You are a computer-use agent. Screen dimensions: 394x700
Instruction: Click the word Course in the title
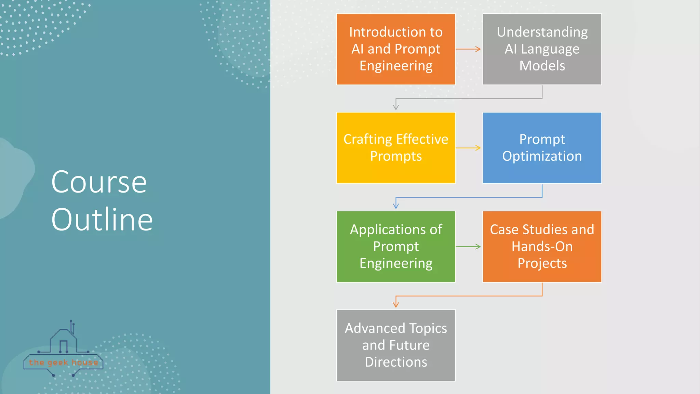coord(99,182)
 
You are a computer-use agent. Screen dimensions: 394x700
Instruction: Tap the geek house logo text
coord(64,363)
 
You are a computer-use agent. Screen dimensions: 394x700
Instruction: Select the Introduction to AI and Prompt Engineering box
coord(396,49)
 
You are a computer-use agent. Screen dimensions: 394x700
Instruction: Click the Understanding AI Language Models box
coord(542,49)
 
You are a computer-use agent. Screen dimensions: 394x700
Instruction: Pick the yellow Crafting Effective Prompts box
coord(396,148)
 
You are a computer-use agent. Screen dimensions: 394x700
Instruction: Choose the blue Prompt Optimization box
coord(542,148)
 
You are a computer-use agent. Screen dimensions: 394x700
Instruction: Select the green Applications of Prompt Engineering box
coord(396,246)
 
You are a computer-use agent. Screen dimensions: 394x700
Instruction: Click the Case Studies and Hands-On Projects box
coord(542,246)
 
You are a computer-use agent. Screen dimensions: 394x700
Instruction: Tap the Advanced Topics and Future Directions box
coord(396,345)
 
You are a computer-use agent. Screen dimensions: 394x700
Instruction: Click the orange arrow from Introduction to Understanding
coord(468,49)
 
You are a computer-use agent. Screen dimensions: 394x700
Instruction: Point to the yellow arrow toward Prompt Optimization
coord(468,148)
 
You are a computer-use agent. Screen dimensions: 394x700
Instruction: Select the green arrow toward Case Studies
coord(468,247)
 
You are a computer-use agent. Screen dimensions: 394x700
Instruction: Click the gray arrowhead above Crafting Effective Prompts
coord(396,107)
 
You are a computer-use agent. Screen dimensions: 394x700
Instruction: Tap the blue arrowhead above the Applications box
coord(396,206)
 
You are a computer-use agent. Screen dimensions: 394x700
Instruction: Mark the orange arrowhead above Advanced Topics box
coord(396,305)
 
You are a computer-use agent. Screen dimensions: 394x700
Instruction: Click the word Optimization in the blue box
coord(542,156)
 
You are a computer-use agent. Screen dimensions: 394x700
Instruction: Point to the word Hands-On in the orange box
coord(542,247)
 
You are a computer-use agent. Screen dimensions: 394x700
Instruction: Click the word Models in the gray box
coord(542,66)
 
